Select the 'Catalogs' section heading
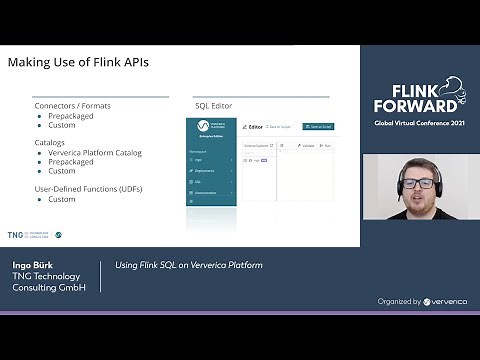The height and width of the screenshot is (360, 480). click(x=51, y=143)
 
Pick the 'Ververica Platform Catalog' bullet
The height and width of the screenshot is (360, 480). click(x=95, y=152)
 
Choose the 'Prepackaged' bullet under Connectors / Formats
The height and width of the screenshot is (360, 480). click(x=71, y=115)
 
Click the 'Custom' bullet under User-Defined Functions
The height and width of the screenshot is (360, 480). click(x=62, y=199)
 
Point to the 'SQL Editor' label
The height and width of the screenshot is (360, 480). click(x=214, y=105)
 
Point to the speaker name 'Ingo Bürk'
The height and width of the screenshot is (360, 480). click(x=33, y=265)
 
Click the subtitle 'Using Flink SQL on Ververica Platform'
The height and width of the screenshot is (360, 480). click(x=189, y=265)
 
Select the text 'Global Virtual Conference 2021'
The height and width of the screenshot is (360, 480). click(x=420, y=123)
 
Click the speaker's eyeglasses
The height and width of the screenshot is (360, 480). click(x=425, y=182)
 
